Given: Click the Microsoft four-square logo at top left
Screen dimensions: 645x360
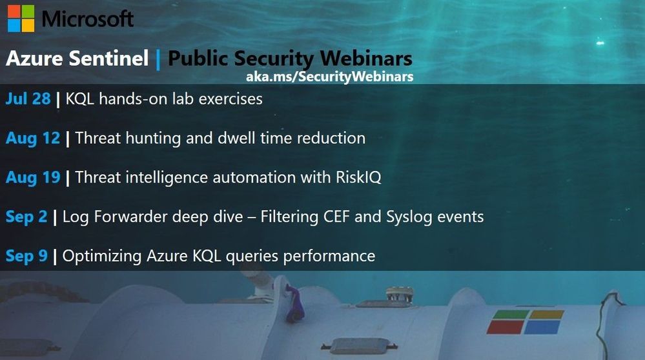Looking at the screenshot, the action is pyautogui.click(x=21, y=19).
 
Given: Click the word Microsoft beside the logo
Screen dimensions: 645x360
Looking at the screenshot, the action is pyautogui.click(x=88, y=19).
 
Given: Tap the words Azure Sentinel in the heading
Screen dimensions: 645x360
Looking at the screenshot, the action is pyautogui.click(x=77, y=58).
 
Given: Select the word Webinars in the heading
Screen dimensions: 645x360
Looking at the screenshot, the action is pyautogui.click(x=366, y=58).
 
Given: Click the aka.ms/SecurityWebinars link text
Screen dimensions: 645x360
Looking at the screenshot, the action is pyautogui.click(x=329, y=77).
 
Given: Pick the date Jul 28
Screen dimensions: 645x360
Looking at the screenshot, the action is pyautogui.click(x=28, y=99).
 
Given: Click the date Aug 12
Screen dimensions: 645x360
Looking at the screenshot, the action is pyautogui.click(x=33, y=138).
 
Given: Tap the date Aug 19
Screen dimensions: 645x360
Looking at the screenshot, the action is pyautogui.click(x=33, y=177).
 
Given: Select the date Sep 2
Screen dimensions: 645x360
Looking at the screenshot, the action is pyautogui.click(x=26, y=217).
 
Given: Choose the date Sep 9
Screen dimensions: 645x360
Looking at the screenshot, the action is pyautogui.click(x=26, y=255).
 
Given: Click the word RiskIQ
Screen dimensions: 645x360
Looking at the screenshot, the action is pyautogui.click(x=358, y=177).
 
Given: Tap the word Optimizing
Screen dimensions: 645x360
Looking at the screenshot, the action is pyautogui.click(x=102, y=256).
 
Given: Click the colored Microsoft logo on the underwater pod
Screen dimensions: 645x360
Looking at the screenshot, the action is pyautogui.click(x=526, y=322).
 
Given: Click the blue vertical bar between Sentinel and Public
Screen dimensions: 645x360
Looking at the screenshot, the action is pyautogui.click(x=158, y=59).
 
